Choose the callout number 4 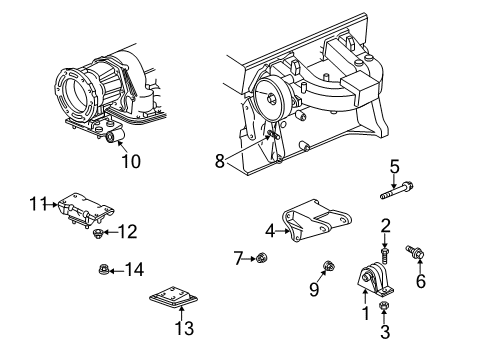pos(270,231)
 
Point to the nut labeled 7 pos(263,259)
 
